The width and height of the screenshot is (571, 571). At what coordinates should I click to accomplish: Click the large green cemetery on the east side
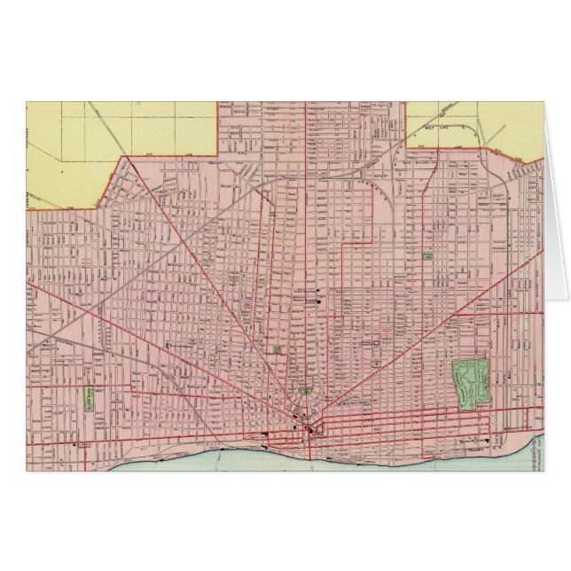coord(472,382)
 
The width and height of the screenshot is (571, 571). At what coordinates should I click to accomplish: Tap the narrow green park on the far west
coord(90,399)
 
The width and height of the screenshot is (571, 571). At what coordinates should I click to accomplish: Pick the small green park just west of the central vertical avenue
coord(278,349)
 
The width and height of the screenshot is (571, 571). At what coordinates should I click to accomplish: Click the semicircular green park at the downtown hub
coord(306,390)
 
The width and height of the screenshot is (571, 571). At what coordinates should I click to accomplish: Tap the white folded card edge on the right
coord(554,222)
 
